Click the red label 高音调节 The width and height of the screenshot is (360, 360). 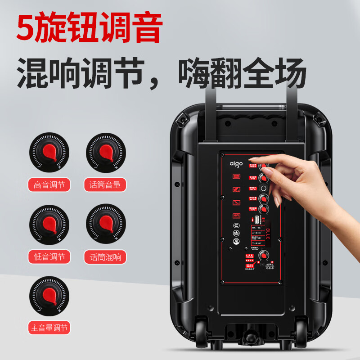[x=49, y=184]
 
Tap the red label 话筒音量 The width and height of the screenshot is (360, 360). [x=105, y=184]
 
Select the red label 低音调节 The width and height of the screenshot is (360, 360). [x=49, y=257]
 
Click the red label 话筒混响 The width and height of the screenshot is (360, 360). [x=105, y=257]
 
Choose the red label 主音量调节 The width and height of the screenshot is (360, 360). [x=49, y=327]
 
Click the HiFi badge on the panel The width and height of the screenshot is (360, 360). [x=236, y=215]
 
